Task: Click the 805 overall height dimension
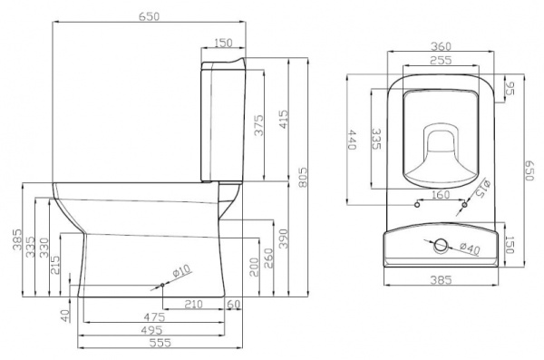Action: pyautogui.click(x=303, y=178)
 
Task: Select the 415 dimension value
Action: pyautogui.click(x=284, y=120)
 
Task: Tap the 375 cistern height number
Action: pyautogui.click(x=258, y=125)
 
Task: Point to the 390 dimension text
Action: pyautogui.click(x=284, y=238)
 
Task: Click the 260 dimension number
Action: pyautogui.click(x=268, y=258)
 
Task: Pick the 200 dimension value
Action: pyautogui.click(x=254, y=267)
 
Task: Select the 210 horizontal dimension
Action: pyautogui.click(x=193, y=304)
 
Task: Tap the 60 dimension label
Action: pyautogui.click(x=233, y=304)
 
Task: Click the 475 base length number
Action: pyautogui.click(x=154, y=317)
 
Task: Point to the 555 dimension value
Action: pyautogui.click(x=160, y=343)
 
